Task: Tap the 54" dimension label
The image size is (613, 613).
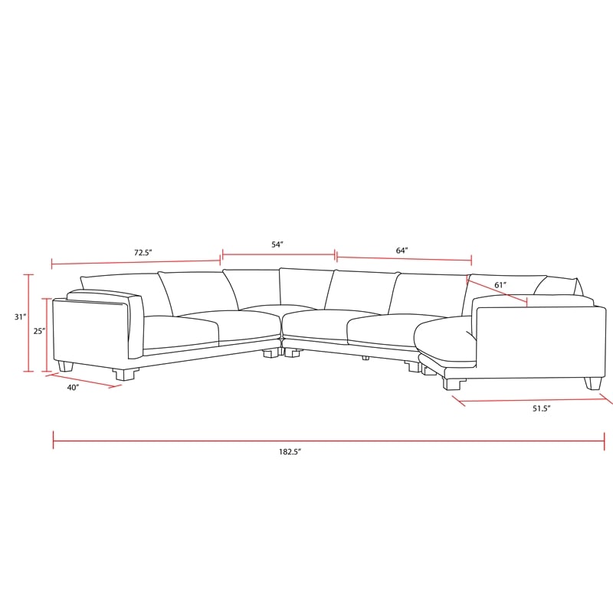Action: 277,244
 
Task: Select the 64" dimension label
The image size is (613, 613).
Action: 402,251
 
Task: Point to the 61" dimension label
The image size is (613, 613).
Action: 500,285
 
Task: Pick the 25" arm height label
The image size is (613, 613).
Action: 39,332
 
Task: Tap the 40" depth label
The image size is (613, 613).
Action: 73,388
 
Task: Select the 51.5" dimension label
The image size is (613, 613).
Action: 542,409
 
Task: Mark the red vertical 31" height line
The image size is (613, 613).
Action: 30,323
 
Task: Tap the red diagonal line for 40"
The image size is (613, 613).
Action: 84,381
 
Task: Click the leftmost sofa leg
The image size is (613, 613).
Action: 66,366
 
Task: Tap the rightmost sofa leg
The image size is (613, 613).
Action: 593,382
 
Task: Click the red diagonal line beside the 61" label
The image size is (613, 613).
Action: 497,292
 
